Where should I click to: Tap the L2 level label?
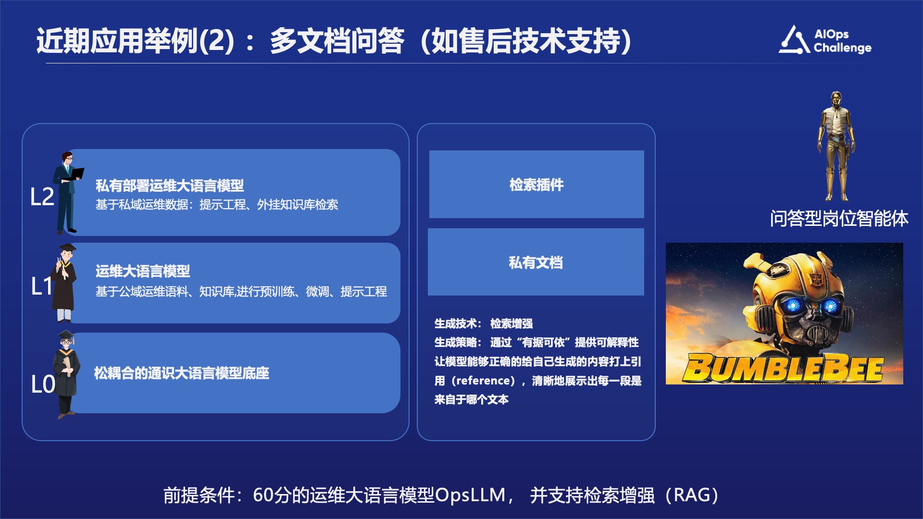(x=42, y=197)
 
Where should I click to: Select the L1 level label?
(x=41, y=286)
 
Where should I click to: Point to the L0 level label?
(x=43, y=384)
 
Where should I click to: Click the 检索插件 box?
(x=536, y=185)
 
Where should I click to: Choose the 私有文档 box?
(x=536, y=262)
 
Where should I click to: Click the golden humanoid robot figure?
(x=837, y=146)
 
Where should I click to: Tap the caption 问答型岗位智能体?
(x=839, y=219)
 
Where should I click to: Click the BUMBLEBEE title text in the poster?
(x=784, y=369)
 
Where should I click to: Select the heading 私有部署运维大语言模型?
(x=170, y=185)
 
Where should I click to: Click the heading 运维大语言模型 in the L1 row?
(x=143, y=272)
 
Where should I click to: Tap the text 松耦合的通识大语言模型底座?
(x=182, y=373)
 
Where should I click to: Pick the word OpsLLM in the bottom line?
(x=470, y=495)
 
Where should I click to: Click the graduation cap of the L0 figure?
(x=66, y=334)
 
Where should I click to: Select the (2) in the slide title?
(x=216, y=40)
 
